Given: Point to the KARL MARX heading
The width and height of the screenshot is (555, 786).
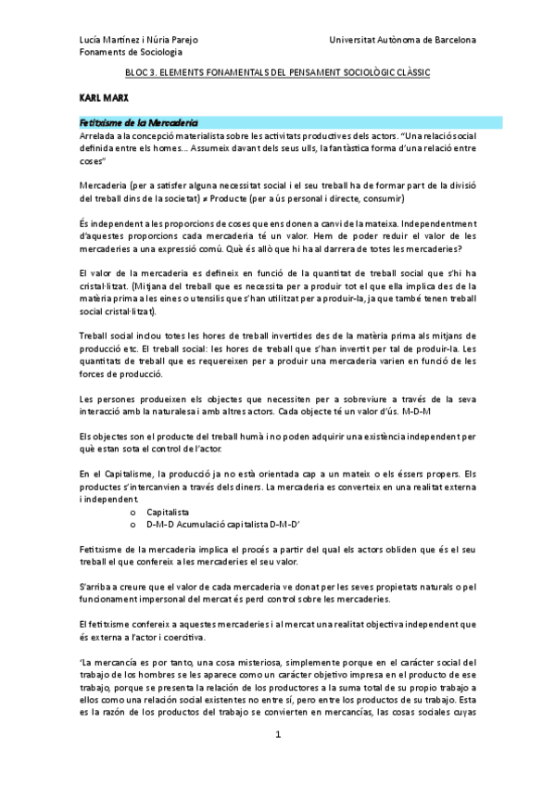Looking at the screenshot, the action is point(102,95).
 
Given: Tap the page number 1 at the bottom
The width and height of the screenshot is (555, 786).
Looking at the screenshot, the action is point(277,760).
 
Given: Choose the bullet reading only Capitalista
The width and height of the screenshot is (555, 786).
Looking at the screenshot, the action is point(168,511).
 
